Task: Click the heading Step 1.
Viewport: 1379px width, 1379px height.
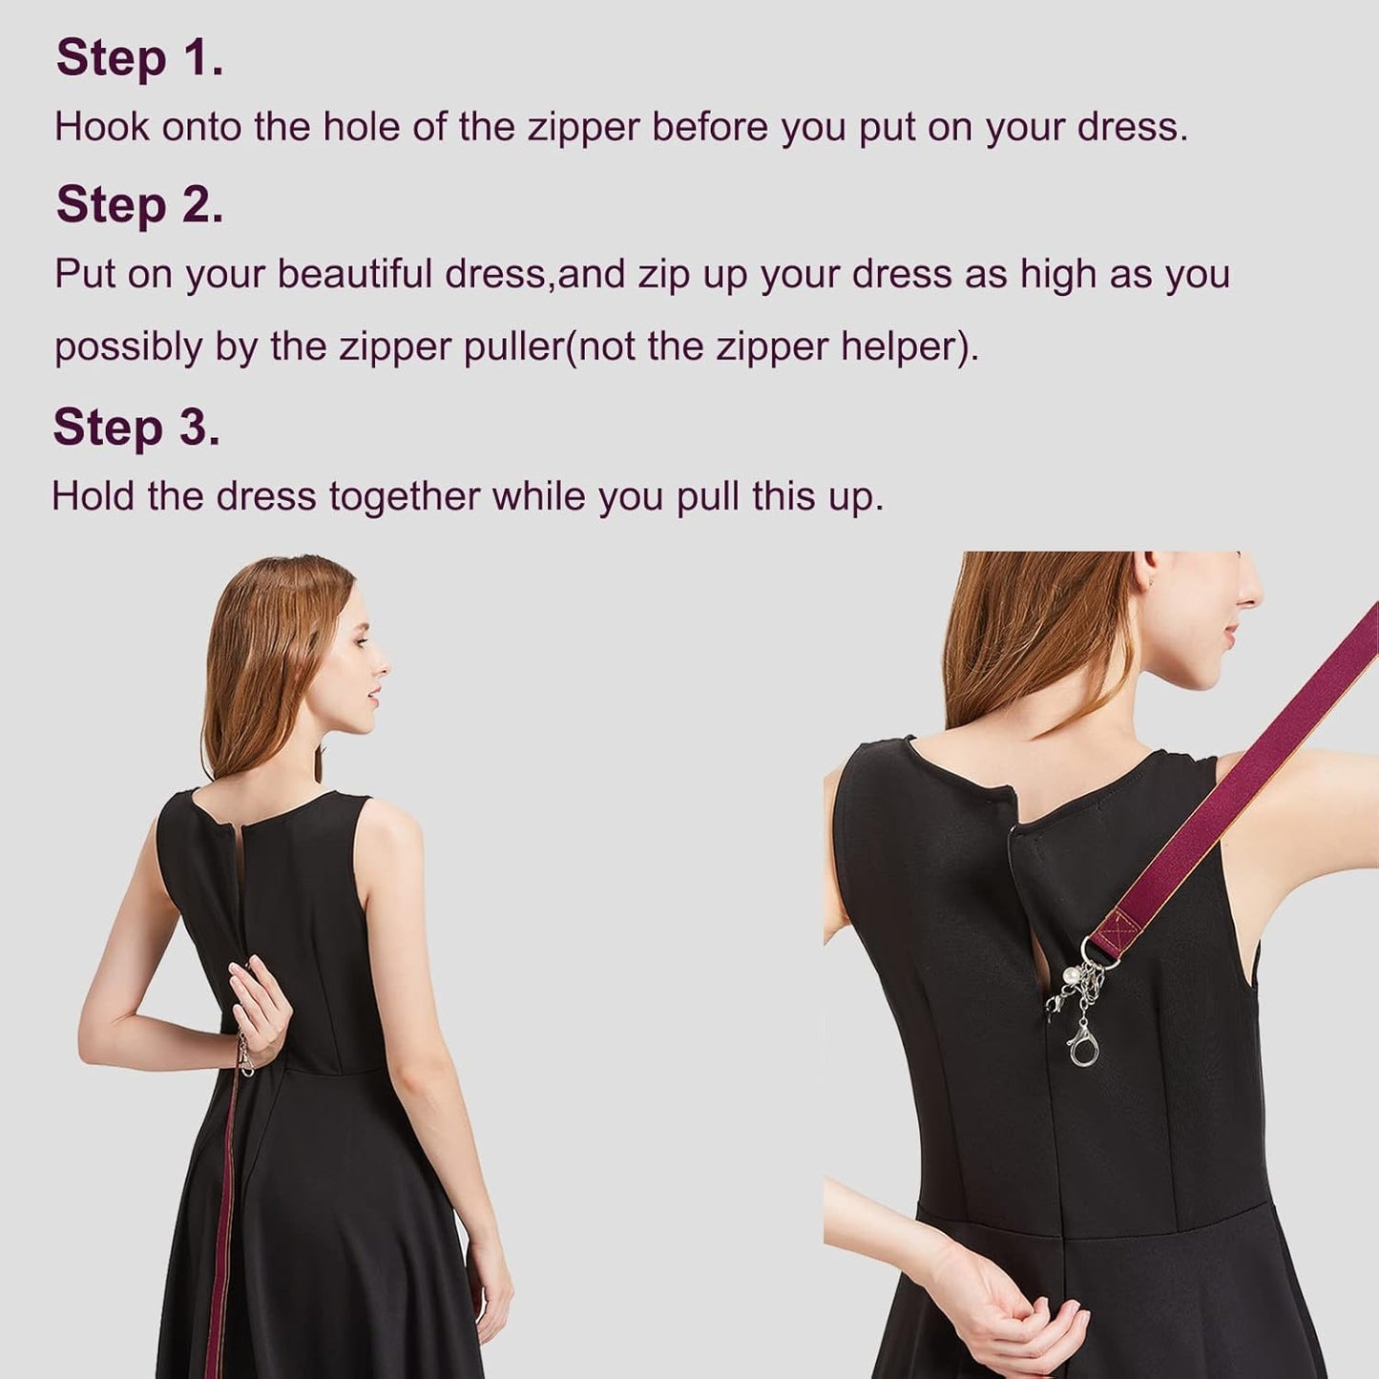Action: (139, 58)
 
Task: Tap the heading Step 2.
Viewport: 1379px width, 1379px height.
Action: (139, 205)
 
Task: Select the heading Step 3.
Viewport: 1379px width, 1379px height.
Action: (136, 427)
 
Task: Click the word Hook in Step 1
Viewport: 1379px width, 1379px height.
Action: (101, 127)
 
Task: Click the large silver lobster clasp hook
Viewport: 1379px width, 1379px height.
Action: (1083, 1045)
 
